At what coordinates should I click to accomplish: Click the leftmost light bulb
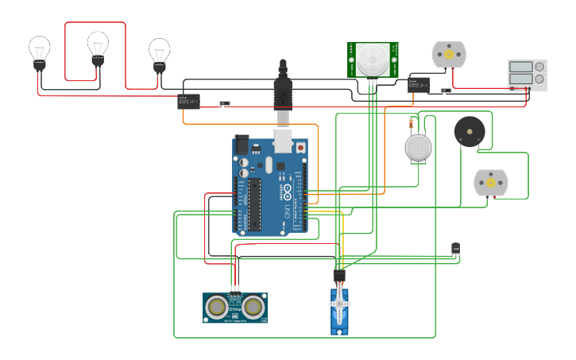click(40, 52)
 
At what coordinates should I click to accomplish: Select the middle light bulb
click(98, 47)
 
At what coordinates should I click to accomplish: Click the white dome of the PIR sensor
click(373, 58)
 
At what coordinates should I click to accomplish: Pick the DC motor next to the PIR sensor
click(449, 54)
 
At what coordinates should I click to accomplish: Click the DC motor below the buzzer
click(490, 183)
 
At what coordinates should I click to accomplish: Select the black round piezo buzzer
click(469, 131)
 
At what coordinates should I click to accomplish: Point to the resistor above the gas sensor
click(411, 124)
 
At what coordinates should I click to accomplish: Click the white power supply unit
click(527, 75)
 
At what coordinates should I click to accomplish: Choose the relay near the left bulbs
click(188, 101)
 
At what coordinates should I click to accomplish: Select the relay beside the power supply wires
click(419, 84)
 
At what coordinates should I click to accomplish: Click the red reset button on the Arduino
click(300, 148)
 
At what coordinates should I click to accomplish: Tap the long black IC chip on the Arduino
click(254, 204)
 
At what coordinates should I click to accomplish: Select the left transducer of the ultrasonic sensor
click(216, 306)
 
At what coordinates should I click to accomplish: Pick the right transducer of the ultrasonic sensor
click(253, 306)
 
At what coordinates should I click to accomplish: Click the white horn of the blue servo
click(339, 303)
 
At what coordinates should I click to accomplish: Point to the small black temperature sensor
click(455, 249)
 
